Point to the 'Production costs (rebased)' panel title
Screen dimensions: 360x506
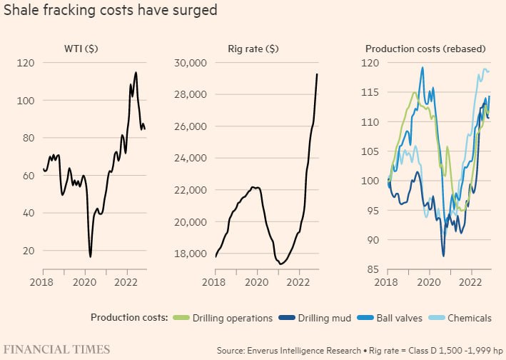[x=425, y=49]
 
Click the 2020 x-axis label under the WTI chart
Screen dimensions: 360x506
[x=85, y=281]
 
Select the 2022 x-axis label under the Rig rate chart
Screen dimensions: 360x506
[x=299, y=281]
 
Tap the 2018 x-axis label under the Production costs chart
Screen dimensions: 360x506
[x=388, y=281]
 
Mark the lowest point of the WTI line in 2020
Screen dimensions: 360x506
[x=91, y=256]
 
